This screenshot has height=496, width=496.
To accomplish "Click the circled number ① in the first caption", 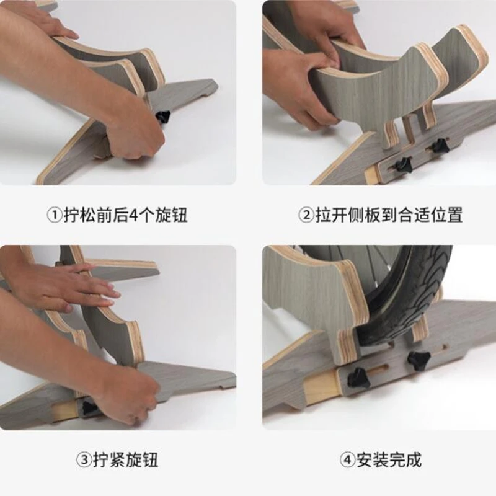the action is click(55, 215).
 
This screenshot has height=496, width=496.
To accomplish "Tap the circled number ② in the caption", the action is click(306, 215).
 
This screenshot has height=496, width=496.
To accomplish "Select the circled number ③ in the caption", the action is click(84, 459).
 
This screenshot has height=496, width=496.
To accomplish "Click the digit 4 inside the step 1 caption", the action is click(133, 215).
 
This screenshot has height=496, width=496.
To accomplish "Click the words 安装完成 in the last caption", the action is click(389, 459).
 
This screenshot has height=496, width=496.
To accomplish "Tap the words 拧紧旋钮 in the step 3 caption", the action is click(126, 459).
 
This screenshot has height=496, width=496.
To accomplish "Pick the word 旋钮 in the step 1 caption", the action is click(171, 215).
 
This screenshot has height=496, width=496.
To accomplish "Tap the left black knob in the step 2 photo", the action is click(402, 164).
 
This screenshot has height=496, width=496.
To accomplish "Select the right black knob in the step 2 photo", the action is click(439, 145).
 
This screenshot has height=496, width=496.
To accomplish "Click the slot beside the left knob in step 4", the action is click(378, 369).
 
